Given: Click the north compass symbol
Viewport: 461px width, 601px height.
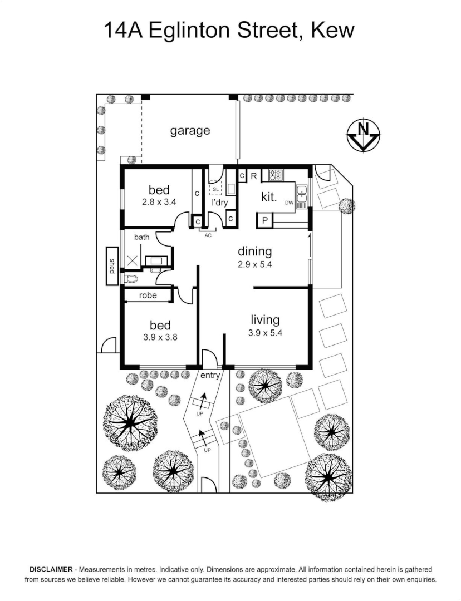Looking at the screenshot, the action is click(x=363, y=136).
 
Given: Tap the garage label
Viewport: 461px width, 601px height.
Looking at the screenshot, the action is click(x=190, y=131).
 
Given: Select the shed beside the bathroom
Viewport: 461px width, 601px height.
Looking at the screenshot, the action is click(x=112, y=265).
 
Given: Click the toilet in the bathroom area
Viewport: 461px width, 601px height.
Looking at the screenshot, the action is click(x=130, y=279).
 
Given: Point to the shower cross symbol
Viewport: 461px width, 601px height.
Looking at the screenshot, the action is click(x=133, y=262).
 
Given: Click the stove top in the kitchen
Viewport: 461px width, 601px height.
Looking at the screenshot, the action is click(x=275, y=175).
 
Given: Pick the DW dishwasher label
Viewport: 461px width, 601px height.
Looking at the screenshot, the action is click(x=289, y=203).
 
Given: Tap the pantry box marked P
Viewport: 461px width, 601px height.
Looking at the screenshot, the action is click(x=264, y=221).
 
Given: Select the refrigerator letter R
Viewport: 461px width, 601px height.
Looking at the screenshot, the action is click(x=253, y=176).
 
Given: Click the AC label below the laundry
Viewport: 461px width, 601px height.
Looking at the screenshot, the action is click(x=208, y=235).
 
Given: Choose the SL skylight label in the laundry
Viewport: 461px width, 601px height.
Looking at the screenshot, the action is click(x=215, y=189).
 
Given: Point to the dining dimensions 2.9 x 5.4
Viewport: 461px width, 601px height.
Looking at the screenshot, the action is click(x=254, y=264).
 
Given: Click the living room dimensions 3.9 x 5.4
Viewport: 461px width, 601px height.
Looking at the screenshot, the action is click(x=265, y=333).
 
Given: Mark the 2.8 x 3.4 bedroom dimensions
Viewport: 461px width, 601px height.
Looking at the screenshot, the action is click(x=159, y=202).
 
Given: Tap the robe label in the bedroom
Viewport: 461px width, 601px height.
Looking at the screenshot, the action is click(x=148, y=295).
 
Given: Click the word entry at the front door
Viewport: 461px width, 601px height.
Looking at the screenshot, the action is click(x=210, y=376).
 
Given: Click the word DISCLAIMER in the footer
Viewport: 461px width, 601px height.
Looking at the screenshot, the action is click(x=51, y=569).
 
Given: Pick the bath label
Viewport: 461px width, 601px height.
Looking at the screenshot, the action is click(x=141, y=237).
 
